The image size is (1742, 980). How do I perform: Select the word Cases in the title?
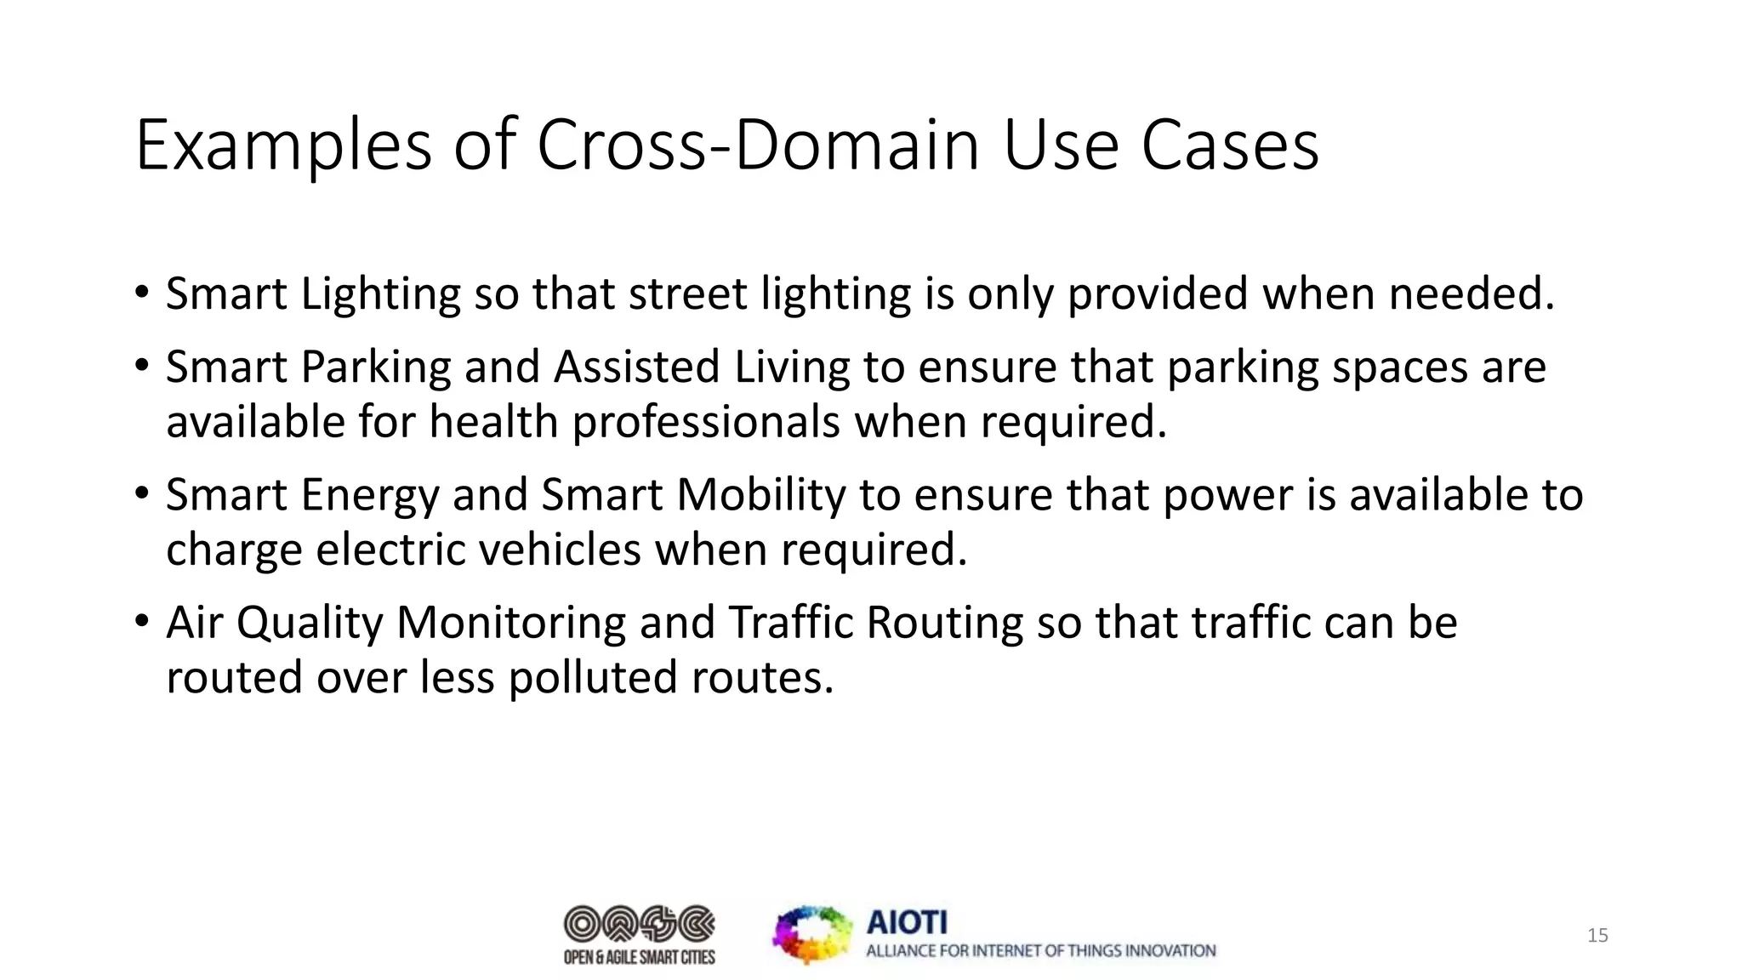1229,145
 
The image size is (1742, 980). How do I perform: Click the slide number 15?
1597,936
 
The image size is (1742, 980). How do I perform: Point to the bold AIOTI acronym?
906,922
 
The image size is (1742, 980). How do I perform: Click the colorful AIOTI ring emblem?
811,934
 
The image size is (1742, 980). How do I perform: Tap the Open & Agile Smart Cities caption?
639,958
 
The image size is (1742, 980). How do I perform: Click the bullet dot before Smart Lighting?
141,293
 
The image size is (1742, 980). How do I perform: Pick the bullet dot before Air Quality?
141,622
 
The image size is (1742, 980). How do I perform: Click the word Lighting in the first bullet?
380,294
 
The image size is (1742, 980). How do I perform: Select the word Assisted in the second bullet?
637,367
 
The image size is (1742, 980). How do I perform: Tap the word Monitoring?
511,624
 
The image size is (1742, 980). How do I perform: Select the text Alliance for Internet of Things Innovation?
1040,951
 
